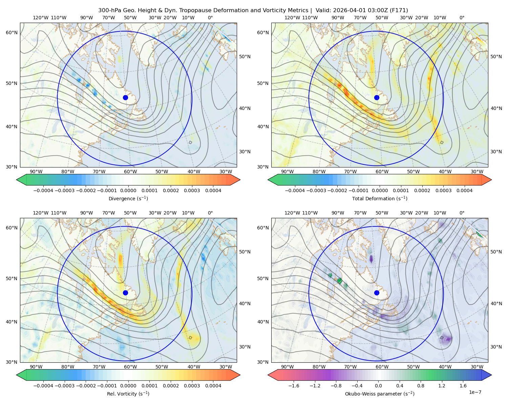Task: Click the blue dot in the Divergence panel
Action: [x=125, y=98]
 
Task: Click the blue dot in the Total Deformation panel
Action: [x=377, y=98]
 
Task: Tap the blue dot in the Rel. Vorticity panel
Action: [x=125, y=293]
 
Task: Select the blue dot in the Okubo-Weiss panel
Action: [x=377, y=293]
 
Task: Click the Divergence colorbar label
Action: [x=128, y=199]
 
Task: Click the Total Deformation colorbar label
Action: [x=380, y=199]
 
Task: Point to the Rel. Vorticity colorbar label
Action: [x=128, y=394]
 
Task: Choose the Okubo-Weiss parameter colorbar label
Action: [x=380, y=394]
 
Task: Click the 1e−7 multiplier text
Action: [x=475, y=392]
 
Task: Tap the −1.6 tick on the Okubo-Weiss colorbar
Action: [x=294, y=386]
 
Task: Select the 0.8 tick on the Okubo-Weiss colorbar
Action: [x=421, y=386]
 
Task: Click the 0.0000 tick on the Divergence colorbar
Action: [x=128, y=190]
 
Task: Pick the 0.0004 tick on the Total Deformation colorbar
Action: [x=465, y=190]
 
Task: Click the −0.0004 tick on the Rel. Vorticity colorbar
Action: [x=43, y=386]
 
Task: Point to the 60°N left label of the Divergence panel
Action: [x=12, y=32]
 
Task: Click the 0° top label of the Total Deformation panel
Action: [x=462, y=18]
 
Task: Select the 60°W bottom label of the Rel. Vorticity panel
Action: [x=130, y=367]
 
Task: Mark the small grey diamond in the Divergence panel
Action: [x=190, y=142]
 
